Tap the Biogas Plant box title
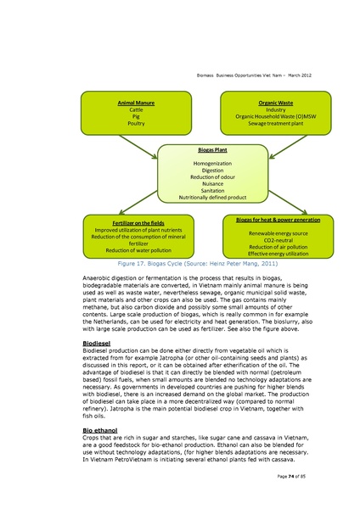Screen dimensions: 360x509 pyautogui.click(x=200, y=150)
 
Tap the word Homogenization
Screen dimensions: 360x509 pyautogui.click(x=200, y=163)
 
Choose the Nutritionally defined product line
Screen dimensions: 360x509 pyautogui.click(x=200, y=197)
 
